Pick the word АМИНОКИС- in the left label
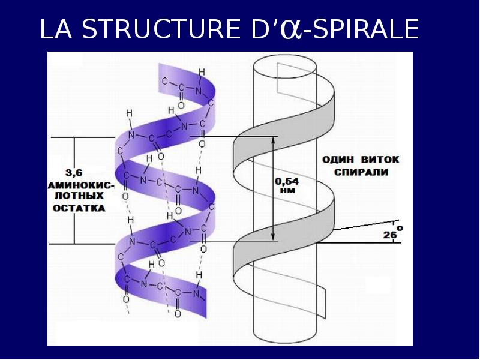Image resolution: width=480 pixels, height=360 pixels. (x=76, y=184)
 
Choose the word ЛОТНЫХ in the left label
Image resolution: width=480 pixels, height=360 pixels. (x=76, y=196)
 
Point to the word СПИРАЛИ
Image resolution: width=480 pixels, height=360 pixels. (x=359, y=172)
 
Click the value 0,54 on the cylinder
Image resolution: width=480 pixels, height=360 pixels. (x=286, y=181)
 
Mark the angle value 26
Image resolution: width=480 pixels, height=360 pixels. (x=389, y=235)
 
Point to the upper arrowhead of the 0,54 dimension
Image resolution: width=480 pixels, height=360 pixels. (x=274, y=139)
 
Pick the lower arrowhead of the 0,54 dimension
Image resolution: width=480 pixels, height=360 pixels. (x=274, y=238)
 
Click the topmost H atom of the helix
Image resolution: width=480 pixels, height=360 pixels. (x=202, y=72)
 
